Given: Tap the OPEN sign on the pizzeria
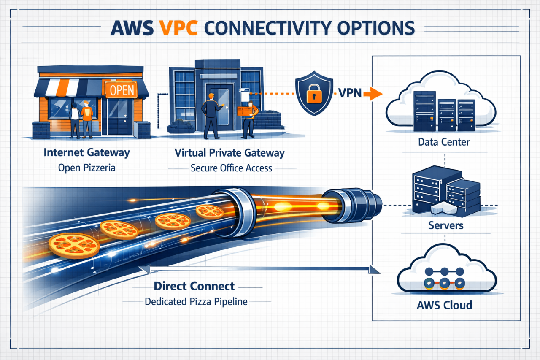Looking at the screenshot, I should pyautogui.click(x=121, y=89).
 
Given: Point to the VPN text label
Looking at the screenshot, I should pyautogui.click(x=350, y=93).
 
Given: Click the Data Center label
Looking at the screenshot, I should pyautogui.click(x=444, y=142).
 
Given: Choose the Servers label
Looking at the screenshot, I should pyautogui.click(x=446, y=225).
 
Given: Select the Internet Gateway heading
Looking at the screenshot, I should pyautogui.click(x=86, y=152).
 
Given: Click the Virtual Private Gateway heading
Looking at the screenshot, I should pyautogui.click(x=230, y=152).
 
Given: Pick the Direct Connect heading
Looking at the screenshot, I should pyautogui.click(x=194, y=286).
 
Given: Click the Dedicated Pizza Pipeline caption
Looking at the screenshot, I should pyautogui.click(x=196, y=302).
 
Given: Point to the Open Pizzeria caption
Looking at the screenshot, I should pyautogui.click(x=86, y=168).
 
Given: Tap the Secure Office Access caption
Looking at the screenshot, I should pyautogui.click(x=232, y=168).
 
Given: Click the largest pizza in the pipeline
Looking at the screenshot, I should pyautogui.click(x=74, y=245).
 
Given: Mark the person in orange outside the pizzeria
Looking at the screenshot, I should pyautogui.click(x=86, y=118).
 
